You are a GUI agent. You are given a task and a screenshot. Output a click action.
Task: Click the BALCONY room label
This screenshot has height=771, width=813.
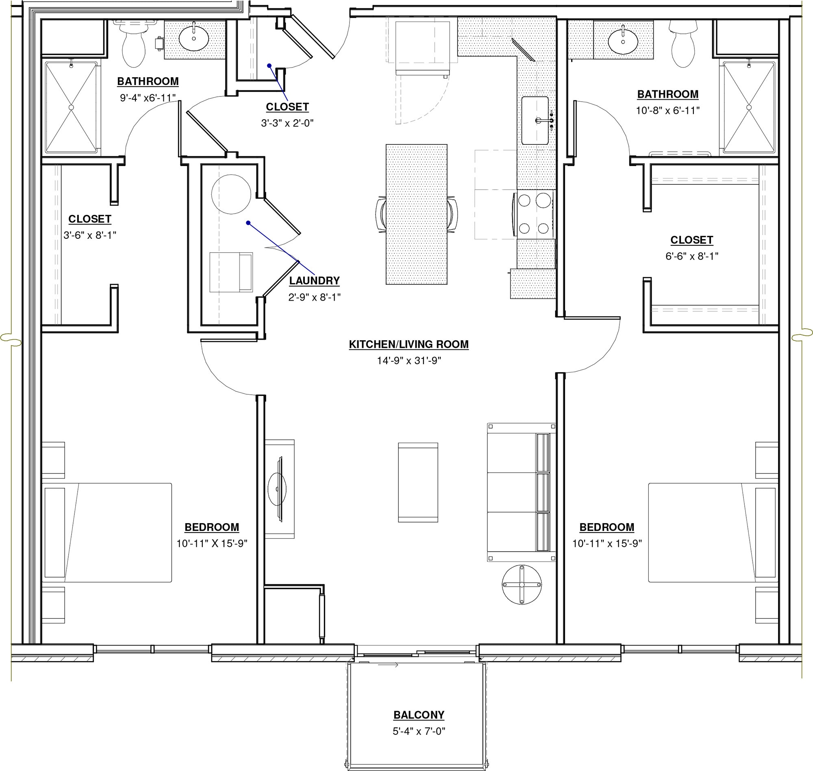418,715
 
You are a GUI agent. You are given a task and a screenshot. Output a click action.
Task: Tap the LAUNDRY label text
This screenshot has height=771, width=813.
314,281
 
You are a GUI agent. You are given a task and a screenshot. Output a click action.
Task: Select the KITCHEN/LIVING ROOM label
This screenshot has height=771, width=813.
409,344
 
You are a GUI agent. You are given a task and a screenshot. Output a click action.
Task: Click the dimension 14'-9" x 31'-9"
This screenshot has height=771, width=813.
409,361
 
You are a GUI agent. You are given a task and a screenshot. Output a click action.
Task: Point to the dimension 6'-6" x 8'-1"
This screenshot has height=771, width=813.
691,256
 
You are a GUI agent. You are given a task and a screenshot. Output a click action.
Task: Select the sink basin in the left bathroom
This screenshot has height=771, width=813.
193,38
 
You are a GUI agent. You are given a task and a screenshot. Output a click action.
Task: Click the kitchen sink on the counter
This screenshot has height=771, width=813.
535,120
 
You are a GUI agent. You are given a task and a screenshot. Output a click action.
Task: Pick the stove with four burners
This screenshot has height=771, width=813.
535,214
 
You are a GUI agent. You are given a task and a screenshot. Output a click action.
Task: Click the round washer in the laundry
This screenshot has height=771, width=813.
231,194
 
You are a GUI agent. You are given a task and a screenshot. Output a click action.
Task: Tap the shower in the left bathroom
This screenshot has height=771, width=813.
71,107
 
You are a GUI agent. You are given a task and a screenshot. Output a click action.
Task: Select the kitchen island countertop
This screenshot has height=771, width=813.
416,214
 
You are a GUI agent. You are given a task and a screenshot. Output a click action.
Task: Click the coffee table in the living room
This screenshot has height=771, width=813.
417,482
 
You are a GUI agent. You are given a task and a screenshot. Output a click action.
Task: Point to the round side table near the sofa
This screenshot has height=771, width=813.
522,584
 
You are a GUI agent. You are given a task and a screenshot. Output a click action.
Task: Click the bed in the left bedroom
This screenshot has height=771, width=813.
107,533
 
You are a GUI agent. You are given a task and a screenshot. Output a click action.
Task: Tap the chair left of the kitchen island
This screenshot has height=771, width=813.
380,214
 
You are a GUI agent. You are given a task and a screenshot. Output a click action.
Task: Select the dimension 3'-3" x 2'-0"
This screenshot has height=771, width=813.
287,123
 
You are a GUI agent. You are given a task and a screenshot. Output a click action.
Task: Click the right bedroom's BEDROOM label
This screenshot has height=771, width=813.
606,527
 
